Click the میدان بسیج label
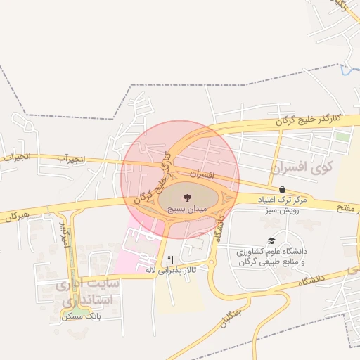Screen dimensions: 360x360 [186, 210]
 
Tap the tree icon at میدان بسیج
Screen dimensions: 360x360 [186, 198]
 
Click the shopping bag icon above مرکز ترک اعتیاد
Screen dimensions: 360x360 [282, 189]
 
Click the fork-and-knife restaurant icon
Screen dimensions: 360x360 [170, 260]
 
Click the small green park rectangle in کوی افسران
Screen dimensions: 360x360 [342, 136]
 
